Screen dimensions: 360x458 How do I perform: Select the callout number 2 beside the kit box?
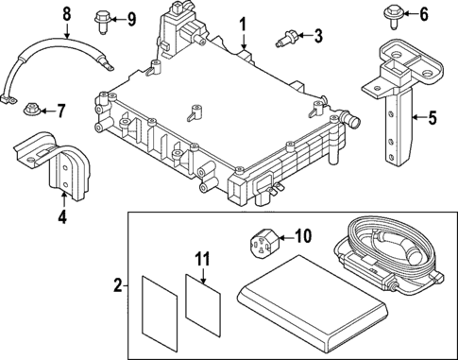(x=117, y=284)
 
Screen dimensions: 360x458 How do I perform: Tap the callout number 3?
(x=317, y=37)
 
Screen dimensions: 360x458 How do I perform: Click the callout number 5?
(x=433, y=118)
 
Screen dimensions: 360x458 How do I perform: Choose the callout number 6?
(x=423, y=13)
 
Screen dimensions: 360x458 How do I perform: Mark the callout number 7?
(x=60, y=111)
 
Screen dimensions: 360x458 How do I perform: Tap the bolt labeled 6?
(x=392, y=13)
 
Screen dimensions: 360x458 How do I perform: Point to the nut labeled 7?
(x=31, y=111)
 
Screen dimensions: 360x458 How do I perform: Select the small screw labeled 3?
(x=284, y=39)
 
